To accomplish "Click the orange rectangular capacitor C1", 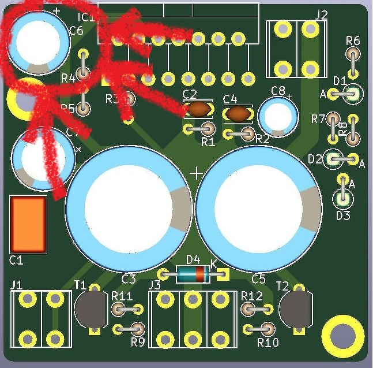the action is (x=28, y=224).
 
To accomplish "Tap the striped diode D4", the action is (x=193, y=274).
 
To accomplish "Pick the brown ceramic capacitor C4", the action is (x=238, y=114).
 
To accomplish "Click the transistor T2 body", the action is (x=296, y=308).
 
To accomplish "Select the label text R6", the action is (x=353, y=40).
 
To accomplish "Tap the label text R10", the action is (x=268, y=343).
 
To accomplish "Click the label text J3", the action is (x=155, y=285).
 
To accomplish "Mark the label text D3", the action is (x=343, y=215).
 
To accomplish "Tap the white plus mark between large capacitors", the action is (x=197, y=173).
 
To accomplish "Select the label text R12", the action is (x=252, y=296).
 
